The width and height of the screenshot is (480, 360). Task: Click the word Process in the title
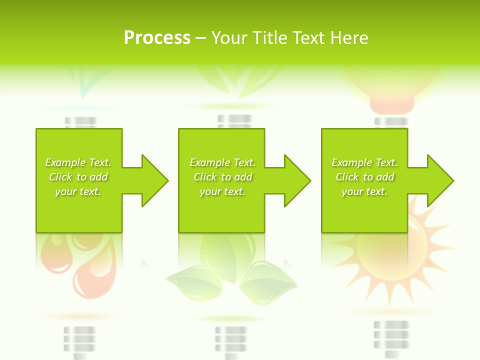[x=157, y=38]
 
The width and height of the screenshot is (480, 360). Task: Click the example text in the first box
[x=78, y=177]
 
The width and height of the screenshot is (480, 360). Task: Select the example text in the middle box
[x=222, y=177]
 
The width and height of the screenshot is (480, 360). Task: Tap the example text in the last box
[x=364, y=177]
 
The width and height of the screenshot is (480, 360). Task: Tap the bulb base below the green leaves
[x=230, y=340]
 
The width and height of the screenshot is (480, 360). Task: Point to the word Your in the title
[x=230, y=38]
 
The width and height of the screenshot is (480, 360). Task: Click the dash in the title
[x=200, y=38]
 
